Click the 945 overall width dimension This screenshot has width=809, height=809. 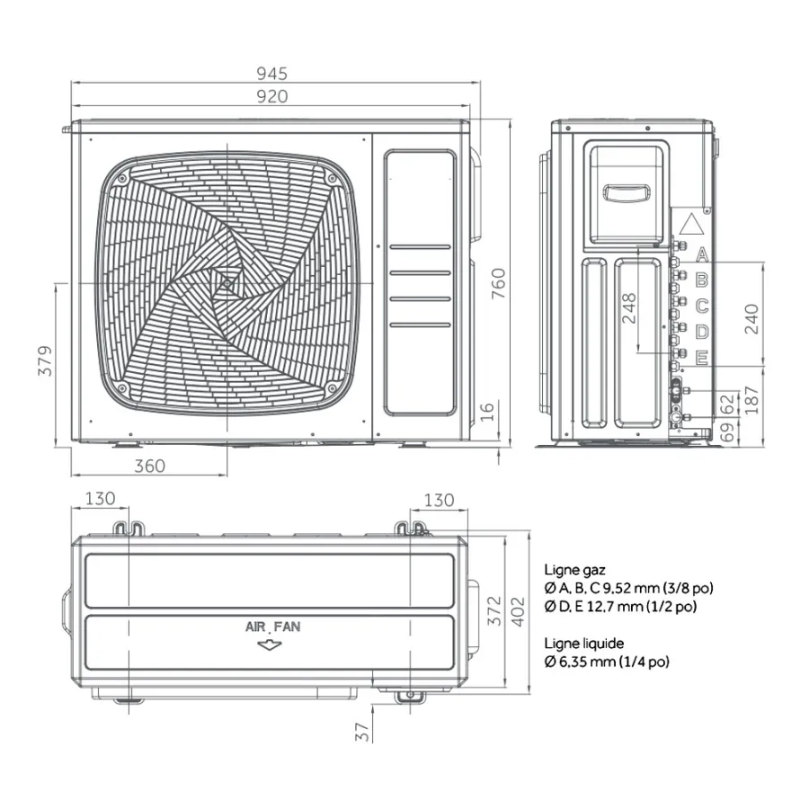[x=271, y=74]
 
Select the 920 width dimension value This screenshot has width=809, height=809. [x=271, y=96]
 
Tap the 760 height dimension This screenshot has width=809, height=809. [x=498, y=283]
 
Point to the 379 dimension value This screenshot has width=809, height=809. [x=46, y=360]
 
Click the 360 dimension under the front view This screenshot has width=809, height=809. [x=149, y=466]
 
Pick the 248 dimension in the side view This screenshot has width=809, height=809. [x=629, y=308]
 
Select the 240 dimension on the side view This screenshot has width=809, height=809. [x=751, y=319]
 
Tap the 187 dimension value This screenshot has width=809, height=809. [x=751, y=400]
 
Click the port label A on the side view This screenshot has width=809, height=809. [x=702, y=254]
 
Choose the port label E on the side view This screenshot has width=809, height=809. [x=702, y=358]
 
